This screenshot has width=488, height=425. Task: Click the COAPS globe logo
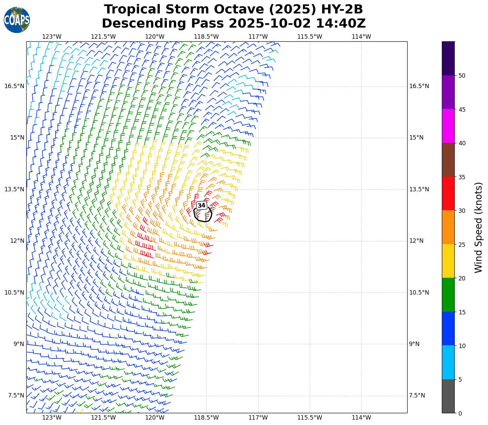[x=17, y=20]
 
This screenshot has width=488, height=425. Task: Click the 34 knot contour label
[x=201, y=205]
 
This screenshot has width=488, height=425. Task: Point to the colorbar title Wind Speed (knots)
[x=478, y=227]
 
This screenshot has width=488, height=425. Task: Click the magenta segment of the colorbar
[x=448, y=126]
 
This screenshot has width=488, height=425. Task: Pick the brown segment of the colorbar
[x=448, y=160]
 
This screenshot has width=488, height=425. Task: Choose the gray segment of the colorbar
[x=448, y=396]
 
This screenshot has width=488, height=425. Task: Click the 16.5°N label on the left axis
[x=14, y=86]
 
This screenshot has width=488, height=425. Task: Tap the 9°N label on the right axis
[x=414, y=344]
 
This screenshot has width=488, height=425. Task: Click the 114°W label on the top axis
[x=361, y=37]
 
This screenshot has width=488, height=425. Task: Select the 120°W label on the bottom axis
[x=155, y=418]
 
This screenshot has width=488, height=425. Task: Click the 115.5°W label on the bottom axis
[x=310, y=418]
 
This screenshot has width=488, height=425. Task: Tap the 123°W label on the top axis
[x=52, y=37]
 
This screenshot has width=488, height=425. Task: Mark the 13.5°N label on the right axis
[x=419, y=189]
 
